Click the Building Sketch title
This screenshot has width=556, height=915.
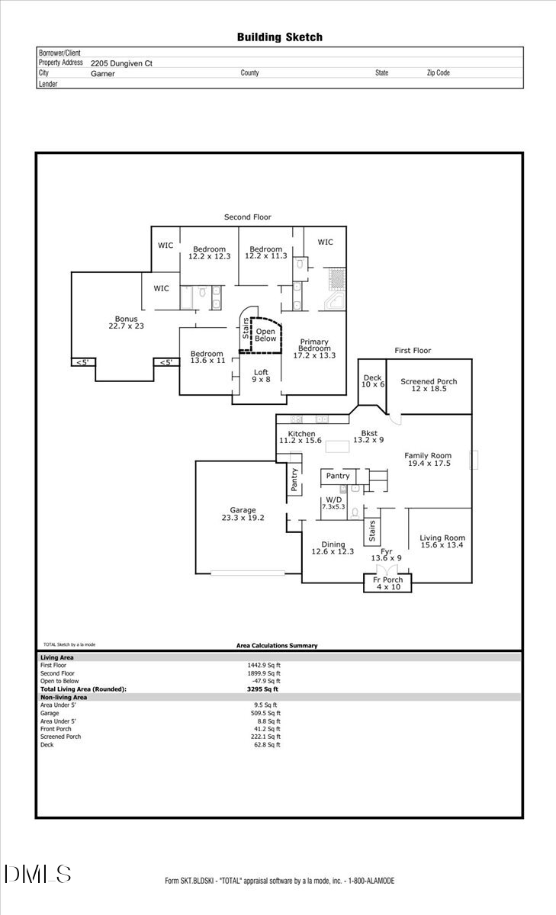(279, 37)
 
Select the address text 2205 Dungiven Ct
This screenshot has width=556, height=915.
(121, 63)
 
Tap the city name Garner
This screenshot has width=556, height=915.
(102, 73)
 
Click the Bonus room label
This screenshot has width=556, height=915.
(126, 322)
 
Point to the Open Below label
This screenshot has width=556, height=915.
(265, 335)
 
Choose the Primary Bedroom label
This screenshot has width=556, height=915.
(314, 348)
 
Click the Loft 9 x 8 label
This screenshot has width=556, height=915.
(261, 376)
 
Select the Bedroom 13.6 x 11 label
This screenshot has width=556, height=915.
(207, 357)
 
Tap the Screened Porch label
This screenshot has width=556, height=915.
(428, 384)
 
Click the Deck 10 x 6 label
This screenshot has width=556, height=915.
(372, 380)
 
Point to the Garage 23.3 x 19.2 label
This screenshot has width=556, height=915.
(243, 513)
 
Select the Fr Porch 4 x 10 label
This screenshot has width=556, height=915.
(387, 583)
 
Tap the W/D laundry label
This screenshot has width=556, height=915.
(333, 502)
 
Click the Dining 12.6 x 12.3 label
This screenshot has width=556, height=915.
(333, 547)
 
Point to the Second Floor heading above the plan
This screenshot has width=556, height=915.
(247, 217)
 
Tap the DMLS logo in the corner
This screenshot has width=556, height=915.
(37, 874)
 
